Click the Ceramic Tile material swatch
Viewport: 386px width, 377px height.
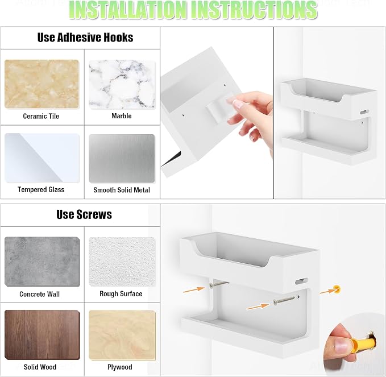pos(41,84)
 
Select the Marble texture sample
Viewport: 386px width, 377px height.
pos(122,85)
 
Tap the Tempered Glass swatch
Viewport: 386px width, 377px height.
pos(42,158)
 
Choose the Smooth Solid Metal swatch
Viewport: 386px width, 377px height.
pos(122,158)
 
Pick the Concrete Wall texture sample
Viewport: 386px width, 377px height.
pos(42,262)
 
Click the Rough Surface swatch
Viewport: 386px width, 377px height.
pos(122,262)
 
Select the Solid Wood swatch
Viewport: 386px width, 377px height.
pos(42,335)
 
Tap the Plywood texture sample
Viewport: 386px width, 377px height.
pos(122,335)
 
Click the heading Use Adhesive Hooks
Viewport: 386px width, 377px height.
pos(85,38)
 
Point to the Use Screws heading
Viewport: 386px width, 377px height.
pos(84,214)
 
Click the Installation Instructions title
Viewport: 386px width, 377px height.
pos(193,10)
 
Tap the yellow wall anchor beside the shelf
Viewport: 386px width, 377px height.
pos(337,289)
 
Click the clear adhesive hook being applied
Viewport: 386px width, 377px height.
pos(219,106)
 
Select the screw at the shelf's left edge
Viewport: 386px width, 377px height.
pos(218,284)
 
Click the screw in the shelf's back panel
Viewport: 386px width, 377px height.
pos(284,300)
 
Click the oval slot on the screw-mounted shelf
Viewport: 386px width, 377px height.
pos(301,281)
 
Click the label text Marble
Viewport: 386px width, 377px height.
pos(121,116)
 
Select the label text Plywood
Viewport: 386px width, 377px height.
pos(119,367)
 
